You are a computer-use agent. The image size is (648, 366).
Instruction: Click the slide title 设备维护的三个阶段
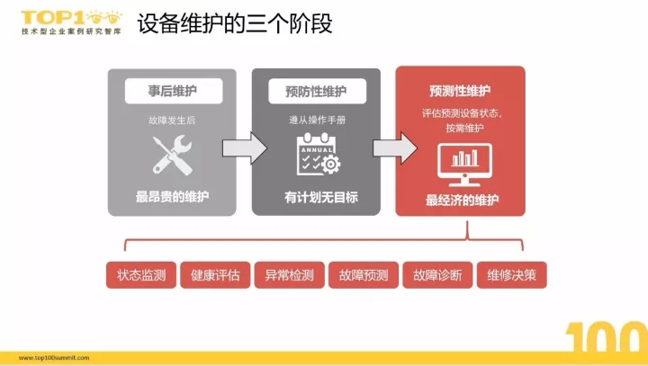[x=235, y=23]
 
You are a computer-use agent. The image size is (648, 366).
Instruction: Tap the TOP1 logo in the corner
[x=71, y=22]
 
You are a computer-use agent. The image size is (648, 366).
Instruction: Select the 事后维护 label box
[x=174, y=91]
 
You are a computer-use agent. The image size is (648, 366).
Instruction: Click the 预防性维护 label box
[x=317, y=91]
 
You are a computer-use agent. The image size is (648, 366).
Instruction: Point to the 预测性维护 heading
[x=460, y=91]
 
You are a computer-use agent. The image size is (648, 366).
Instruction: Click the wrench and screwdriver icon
[x=172, y=156]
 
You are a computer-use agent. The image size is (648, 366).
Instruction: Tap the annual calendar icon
[x=319, y=154]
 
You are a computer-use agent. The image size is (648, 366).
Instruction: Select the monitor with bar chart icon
[x=464, y=165]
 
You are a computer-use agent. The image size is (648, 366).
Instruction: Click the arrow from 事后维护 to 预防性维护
[x=245, y=148]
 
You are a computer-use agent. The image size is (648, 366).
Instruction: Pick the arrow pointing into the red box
[x=395, y=148]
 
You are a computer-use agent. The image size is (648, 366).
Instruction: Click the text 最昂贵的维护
[x=172, y=197]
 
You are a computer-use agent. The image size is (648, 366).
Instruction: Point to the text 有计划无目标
[x=321, y=197]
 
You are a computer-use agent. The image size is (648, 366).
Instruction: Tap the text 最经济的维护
[x=462, y=201]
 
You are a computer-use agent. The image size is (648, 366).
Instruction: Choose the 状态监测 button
[x=141, y=274]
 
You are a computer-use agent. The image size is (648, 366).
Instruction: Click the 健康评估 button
[x=215, y=274]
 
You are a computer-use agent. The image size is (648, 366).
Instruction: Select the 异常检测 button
[x=289, y=274]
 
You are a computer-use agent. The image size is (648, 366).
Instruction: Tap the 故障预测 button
[x=364, y=274]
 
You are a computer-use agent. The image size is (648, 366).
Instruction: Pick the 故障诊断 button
[x=437, y=274]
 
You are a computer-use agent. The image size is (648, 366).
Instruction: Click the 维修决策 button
[x=511, y=274]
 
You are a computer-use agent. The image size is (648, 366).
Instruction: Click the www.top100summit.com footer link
[x=54, y=358]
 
